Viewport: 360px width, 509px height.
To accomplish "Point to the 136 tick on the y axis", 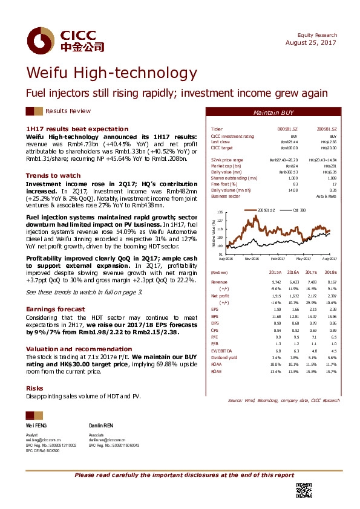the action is coord(220,213).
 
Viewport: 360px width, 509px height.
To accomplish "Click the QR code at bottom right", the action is coord(303,491).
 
